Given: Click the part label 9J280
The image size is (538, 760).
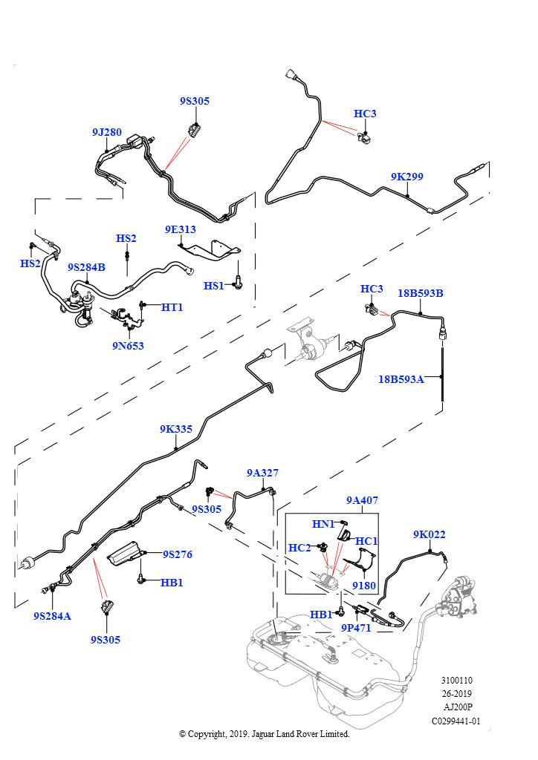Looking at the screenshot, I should (106, 132).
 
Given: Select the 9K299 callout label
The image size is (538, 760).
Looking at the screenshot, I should (406, 177).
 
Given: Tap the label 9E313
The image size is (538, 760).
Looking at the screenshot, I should (181, 229).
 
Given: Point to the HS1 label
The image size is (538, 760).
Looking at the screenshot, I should (214, 286).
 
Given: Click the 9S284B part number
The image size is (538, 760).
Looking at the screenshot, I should (86, 267).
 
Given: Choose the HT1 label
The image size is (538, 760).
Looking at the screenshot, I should (172, 307).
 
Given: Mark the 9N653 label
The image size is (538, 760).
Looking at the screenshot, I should (128, 345).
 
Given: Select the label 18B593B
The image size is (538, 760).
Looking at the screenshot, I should (420, 293).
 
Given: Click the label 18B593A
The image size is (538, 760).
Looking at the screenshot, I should (401, 379).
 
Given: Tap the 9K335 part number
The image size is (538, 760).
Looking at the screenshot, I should (175, 429).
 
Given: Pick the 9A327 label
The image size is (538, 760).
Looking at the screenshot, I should (262, 472).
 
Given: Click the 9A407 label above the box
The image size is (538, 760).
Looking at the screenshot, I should (362, 500).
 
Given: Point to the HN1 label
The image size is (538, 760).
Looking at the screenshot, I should (323, 524).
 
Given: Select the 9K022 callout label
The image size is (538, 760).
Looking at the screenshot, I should (429, 534).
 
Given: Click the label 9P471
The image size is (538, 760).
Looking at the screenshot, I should (356, 628).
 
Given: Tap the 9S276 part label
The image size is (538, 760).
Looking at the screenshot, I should (178, 554).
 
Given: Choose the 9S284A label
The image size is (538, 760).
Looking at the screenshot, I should (52, 616).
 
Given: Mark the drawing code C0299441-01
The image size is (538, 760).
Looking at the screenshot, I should (456, 721).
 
